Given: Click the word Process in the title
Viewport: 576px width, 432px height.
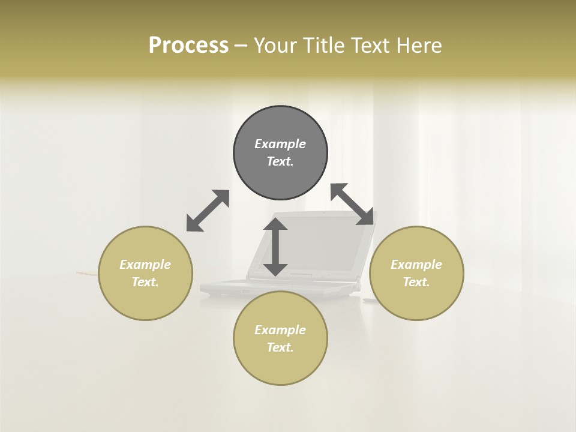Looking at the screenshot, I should [x=188, y=46].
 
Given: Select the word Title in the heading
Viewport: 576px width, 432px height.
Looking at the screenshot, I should [x=325, y=46].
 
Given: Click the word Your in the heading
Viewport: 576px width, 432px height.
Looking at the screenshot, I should [x=277, y=46].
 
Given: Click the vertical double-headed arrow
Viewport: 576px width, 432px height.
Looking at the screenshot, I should [x=275, y=247].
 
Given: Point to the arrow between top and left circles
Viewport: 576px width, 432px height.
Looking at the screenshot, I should [x=208, y=211].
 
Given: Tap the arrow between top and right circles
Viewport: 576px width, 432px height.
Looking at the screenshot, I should [x=352, y=205].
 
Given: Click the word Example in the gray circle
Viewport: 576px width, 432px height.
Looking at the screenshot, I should [x=280, y=144].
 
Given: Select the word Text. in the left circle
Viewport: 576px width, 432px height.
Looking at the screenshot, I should [x=145, y=282].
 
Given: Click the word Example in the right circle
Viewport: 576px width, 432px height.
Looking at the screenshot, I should [x=416, y=265].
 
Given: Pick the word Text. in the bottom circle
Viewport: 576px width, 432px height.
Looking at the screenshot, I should [x=280, y=347].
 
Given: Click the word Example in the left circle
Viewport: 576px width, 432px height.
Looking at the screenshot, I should [x=145, y=265].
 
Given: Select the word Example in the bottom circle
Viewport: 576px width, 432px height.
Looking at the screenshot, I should [x=280, y=330].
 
